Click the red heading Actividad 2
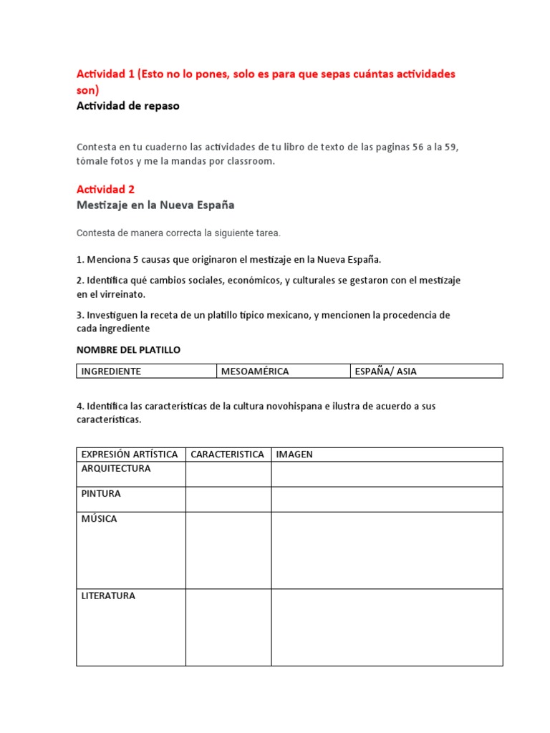(x=105, y=189)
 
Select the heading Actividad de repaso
(x=128, y=106)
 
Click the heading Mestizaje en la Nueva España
(x=155, y=205)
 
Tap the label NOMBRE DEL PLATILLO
(x=128, y=350)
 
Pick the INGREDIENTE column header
(x=111, y=371)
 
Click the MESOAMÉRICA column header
(x=255, y=371)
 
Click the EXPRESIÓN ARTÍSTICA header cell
(x=130, y=455)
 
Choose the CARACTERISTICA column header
(x=228, y=455)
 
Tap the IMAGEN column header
(x=294, y=455)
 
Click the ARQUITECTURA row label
(x=116, y=469)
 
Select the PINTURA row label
(x=101, y=494)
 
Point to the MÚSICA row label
(x=99, y=519)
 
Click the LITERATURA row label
(x=108, y=596)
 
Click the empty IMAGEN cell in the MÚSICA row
(x=387, y=550)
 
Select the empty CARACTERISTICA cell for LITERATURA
(x=228, y=627)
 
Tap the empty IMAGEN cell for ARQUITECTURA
(x=387, y=474)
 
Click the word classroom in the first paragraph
(x=249, y=162)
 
